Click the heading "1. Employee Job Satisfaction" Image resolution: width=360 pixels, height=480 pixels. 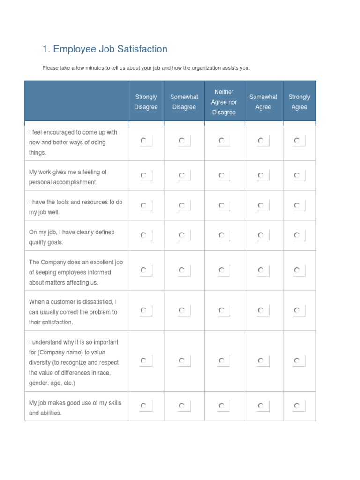tap(105, 49)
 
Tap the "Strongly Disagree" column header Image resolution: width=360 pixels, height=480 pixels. tap(146, 102)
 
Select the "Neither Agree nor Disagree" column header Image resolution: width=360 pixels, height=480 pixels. tap(224, 102)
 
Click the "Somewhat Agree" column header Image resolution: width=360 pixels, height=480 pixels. tap(263, 102)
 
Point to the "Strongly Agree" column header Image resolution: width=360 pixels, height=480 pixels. tap(299, 102)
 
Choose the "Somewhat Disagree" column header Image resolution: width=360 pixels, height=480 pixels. tap(184, 102)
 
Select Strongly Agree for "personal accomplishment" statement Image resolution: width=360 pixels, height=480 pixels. tap(297, 175)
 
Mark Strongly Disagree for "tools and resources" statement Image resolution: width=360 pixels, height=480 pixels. tap(144, 205)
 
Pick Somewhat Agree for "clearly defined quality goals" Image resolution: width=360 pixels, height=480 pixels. tap(261, 235)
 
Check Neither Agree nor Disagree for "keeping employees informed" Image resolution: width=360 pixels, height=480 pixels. tap(222, 270)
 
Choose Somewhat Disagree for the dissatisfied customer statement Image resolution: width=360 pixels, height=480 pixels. tap(182, 310)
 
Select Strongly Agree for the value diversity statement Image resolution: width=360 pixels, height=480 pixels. tap(297, 360)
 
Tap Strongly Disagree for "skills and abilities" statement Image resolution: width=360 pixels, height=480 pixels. tap(144, 406)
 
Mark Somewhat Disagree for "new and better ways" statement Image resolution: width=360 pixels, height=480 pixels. tap(182, 140)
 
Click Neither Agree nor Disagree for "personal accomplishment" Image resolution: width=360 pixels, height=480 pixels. tap(222, 175)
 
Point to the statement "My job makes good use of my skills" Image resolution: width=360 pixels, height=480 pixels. tap(75, 403)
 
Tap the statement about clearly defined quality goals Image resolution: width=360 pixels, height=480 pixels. tap(72, 237)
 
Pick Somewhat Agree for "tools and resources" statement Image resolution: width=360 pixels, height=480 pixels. tap(261, 205)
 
